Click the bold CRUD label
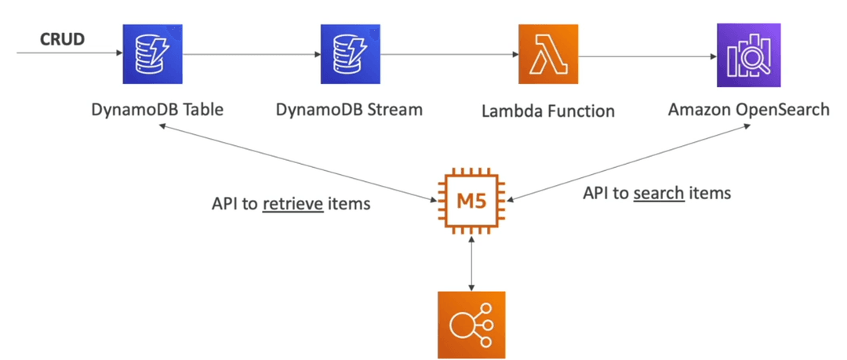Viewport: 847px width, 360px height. coord(63,39)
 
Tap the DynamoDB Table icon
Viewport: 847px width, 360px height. coord(153,53)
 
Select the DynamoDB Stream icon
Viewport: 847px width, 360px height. coord(351,53)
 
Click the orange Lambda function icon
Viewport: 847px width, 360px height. coord(548,53)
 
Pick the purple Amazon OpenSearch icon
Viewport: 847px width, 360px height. coord(748,55)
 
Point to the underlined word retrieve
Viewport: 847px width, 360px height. coord(293,204)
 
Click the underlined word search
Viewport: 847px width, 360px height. coord(659,192)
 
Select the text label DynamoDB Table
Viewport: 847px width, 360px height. coord(157,110)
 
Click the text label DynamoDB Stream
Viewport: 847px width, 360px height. coord(349,110)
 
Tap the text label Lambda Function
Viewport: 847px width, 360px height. coord(548,111)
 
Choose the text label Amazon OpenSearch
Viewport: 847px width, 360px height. coord(749,110)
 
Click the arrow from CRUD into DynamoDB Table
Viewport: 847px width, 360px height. coord(71,53)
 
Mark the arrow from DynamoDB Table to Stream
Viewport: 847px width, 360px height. coord(252,53)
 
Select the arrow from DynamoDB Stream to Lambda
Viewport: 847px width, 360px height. coord(449,53)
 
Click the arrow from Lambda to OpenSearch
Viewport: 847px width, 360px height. coord(648,55)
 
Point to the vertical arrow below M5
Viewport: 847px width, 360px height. coord(472,264)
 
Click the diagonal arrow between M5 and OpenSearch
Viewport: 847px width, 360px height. coord(629,162)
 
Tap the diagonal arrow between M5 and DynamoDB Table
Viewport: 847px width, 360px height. coord(298,162)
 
